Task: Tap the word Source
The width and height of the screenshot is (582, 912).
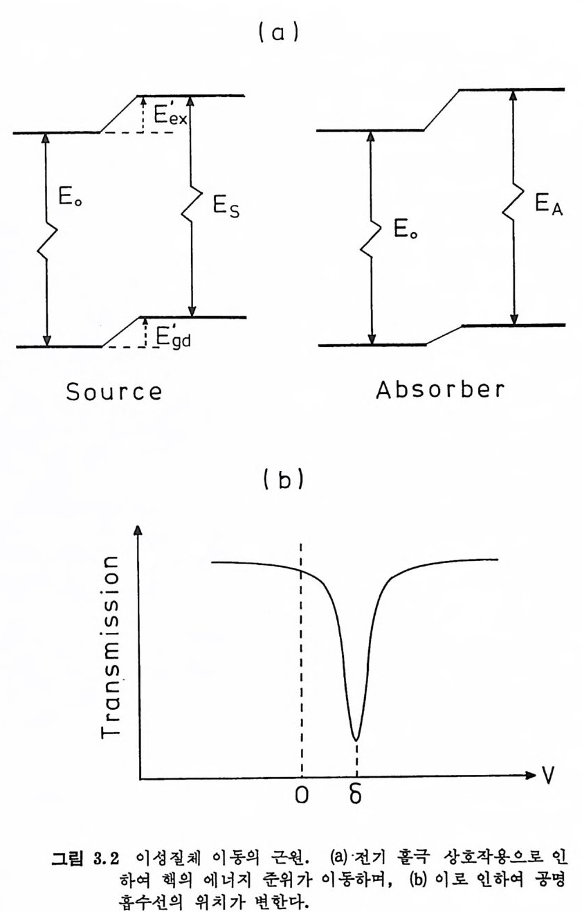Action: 114,391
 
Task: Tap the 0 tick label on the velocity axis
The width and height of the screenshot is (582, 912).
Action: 301,796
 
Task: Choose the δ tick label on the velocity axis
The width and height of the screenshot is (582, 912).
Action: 355,796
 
